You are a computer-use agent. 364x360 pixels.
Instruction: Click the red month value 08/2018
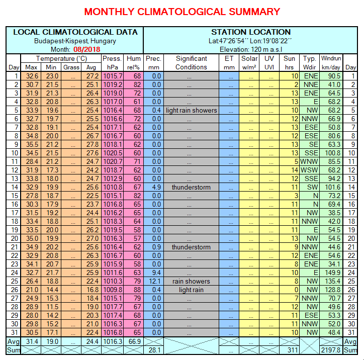pyautogui.click(x=86, y=49)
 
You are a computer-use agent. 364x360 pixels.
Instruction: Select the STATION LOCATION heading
pyautogui.click(x=250, y=32)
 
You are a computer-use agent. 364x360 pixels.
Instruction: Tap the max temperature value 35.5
pyautogui.click(x=31, y=144)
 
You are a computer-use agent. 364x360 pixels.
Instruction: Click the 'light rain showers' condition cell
pyautogui.click(x=191, y=110)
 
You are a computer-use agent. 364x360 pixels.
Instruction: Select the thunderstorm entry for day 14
pyautogui.click(x=191, y=187)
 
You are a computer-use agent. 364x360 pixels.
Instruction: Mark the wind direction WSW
pyautogui.click(x=309, y=170)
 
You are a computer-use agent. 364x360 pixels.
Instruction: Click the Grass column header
pyautogui.click(x=71, y=67)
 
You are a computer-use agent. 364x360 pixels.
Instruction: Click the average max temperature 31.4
pyautogui.click(x=31, y=341)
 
